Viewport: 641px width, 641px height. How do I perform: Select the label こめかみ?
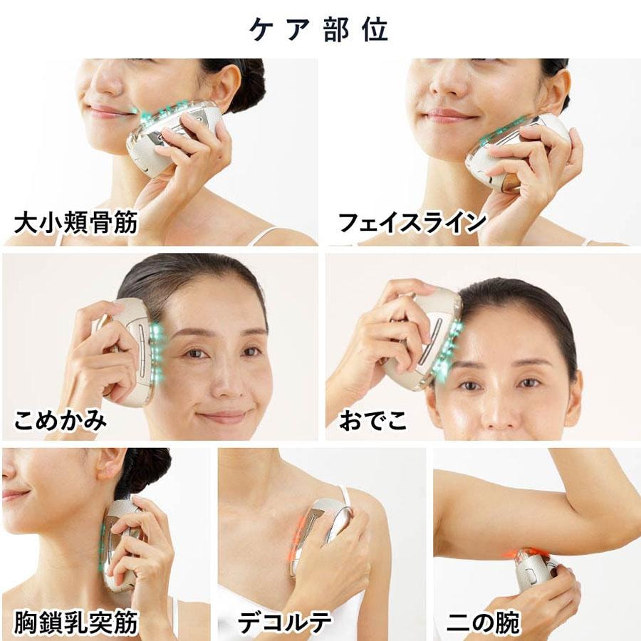point(61,420)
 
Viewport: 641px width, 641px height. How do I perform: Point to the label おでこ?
point(373,420)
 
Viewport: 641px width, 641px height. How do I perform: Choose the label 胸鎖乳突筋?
point(77,622)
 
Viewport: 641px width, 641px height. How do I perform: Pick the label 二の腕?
point(484,622)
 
